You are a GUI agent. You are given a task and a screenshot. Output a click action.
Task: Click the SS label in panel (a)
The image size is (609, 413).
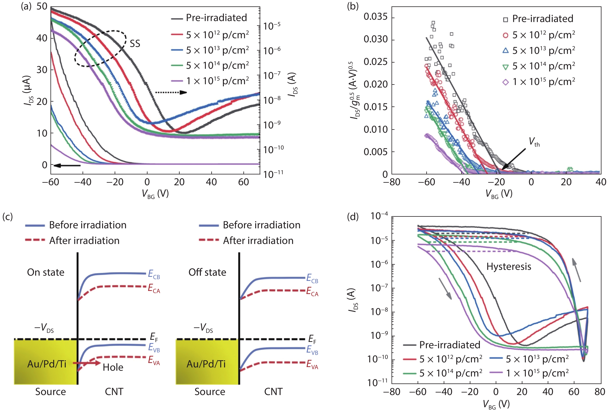click(x=135, y=43)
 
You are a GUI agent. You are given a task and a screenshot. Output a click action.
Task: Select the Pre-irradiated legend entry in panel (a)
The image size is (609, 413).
click(x=216, y=18)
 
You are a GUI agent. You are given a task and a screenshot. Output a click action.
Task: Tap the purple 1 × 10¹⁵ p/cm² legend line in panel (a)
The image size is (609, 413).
click(x=177, y=81)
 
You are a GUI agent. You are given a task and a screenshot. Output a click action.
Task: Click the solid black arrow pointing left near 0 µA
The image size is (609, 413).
click(x=67, y=166)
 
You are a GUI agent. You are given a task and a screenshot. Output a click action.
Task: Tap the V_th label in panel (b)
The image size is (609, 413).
click(x=534, y=142)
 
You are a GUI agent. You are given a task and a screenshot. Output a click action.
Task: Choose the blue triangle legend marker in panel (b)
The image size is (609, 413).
click(x=506, y=51)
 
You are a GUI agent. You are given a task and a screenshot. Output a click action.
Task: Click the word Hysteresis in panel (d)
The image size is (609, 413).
click(x=509, y=267)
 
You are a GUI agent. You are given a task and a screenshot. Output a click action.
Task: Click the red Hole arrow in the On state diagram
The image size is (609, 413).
click(x=86, y=363)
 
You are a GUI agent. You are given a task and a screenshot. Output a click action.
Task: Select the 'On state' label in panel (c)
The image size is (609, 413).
click(x=46, y=272)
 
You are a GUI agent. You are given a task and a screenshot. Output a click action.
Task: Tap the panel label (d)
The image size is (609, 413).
click(x=352, y=217)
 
